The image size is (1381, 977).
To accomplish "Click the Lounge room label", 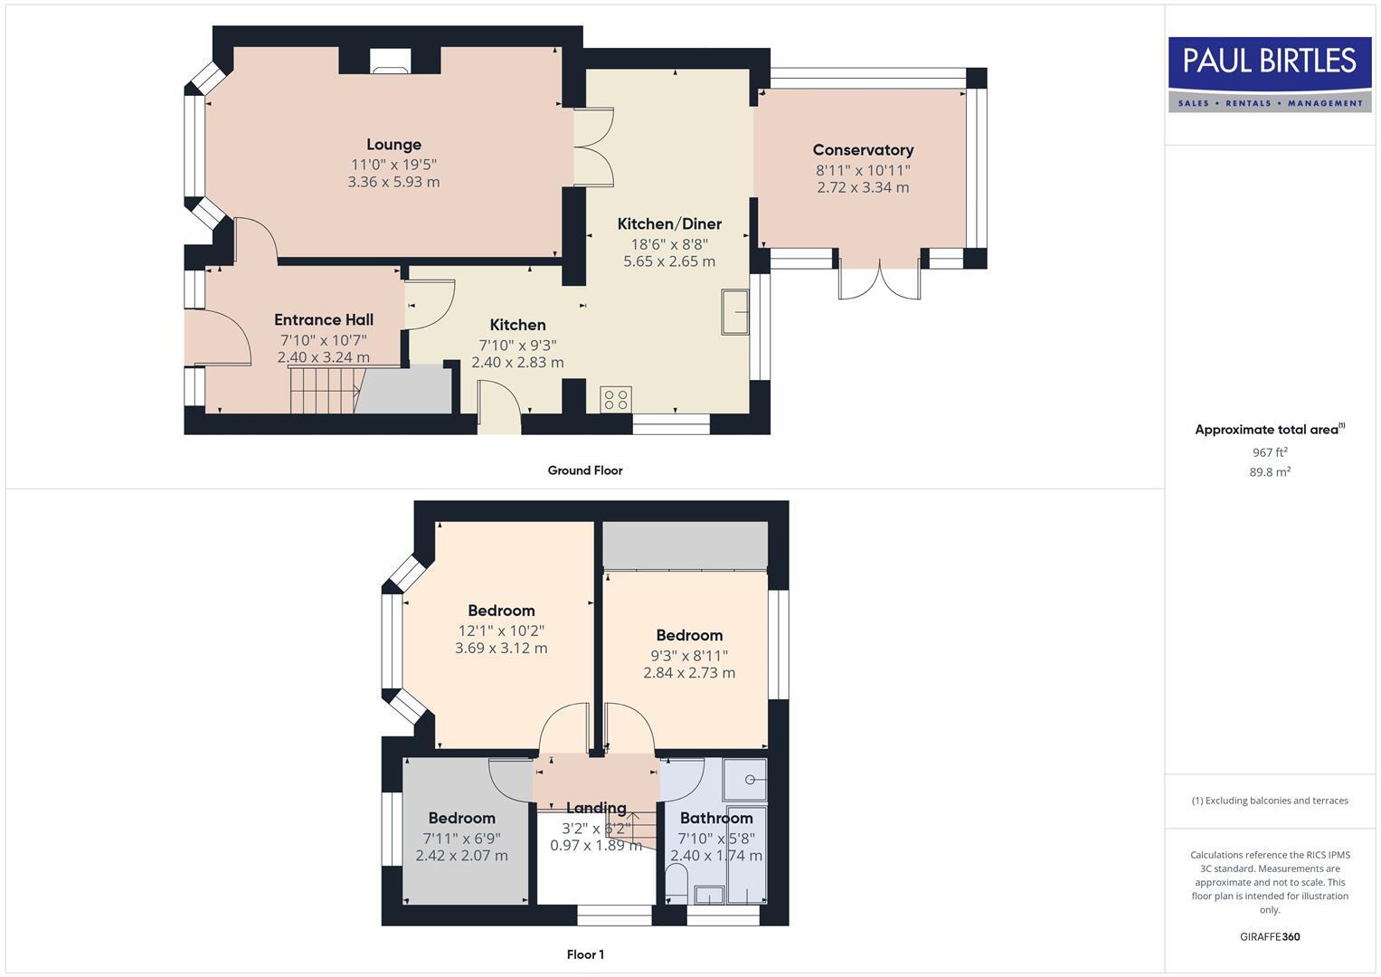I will point(393,145).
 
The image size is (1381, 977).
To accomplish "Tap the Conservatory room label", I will point(863,150).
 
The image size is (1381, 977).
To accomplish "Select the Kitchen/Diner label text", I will point(669,223).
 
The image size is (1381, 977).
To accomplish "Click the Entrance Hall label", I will point(324,319).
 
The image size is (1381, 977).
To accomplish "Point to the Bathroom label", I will point(716,818).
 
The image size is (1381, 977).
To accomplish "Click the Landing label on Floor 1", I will point(596,808).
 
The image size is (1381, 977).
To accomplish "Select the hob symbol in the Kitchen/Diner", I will point(616,399).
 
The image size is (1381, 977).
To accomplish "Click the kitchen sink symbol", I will point(735,312).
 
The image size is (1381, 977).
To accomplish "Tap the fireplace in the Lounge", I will point(390,61).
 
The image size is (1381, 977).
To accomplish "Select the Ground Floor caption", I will point(585,470).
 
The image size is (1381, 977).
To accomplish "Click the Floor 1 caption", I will point(585,954).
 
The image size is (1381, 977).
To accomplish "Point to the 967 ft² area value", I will point(1269,452).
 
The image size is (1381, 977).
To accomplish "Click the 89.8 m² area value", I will point(1269,472).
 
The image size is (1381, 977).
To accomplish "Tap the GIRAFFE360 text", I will point(1269,937).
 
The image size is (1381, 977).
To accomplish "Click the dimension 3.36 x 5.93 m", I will point(393,182).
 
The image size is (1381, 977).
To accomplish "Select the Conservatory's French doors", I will point(879,280).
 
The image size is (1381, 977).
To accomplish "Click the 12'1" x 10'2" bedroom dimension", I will point(501,631).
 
